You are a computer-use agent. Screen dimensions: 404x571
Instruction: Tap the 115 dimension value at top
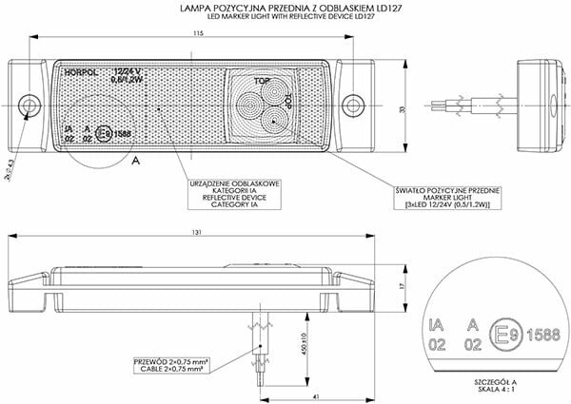pyautogui.click(x=196, y=35)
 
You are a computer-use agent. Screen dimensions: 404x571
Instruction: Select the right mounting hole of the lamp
pyautogui.click(x=359, y=102)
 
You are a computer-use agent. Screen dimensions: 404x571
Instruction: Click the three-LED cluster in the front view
pyautogui.click(x=263, y=103)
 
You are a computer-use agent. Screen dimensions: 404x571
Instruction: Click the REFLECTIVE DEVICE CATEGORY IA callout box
pyautogui.click(x=225, y=191)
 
